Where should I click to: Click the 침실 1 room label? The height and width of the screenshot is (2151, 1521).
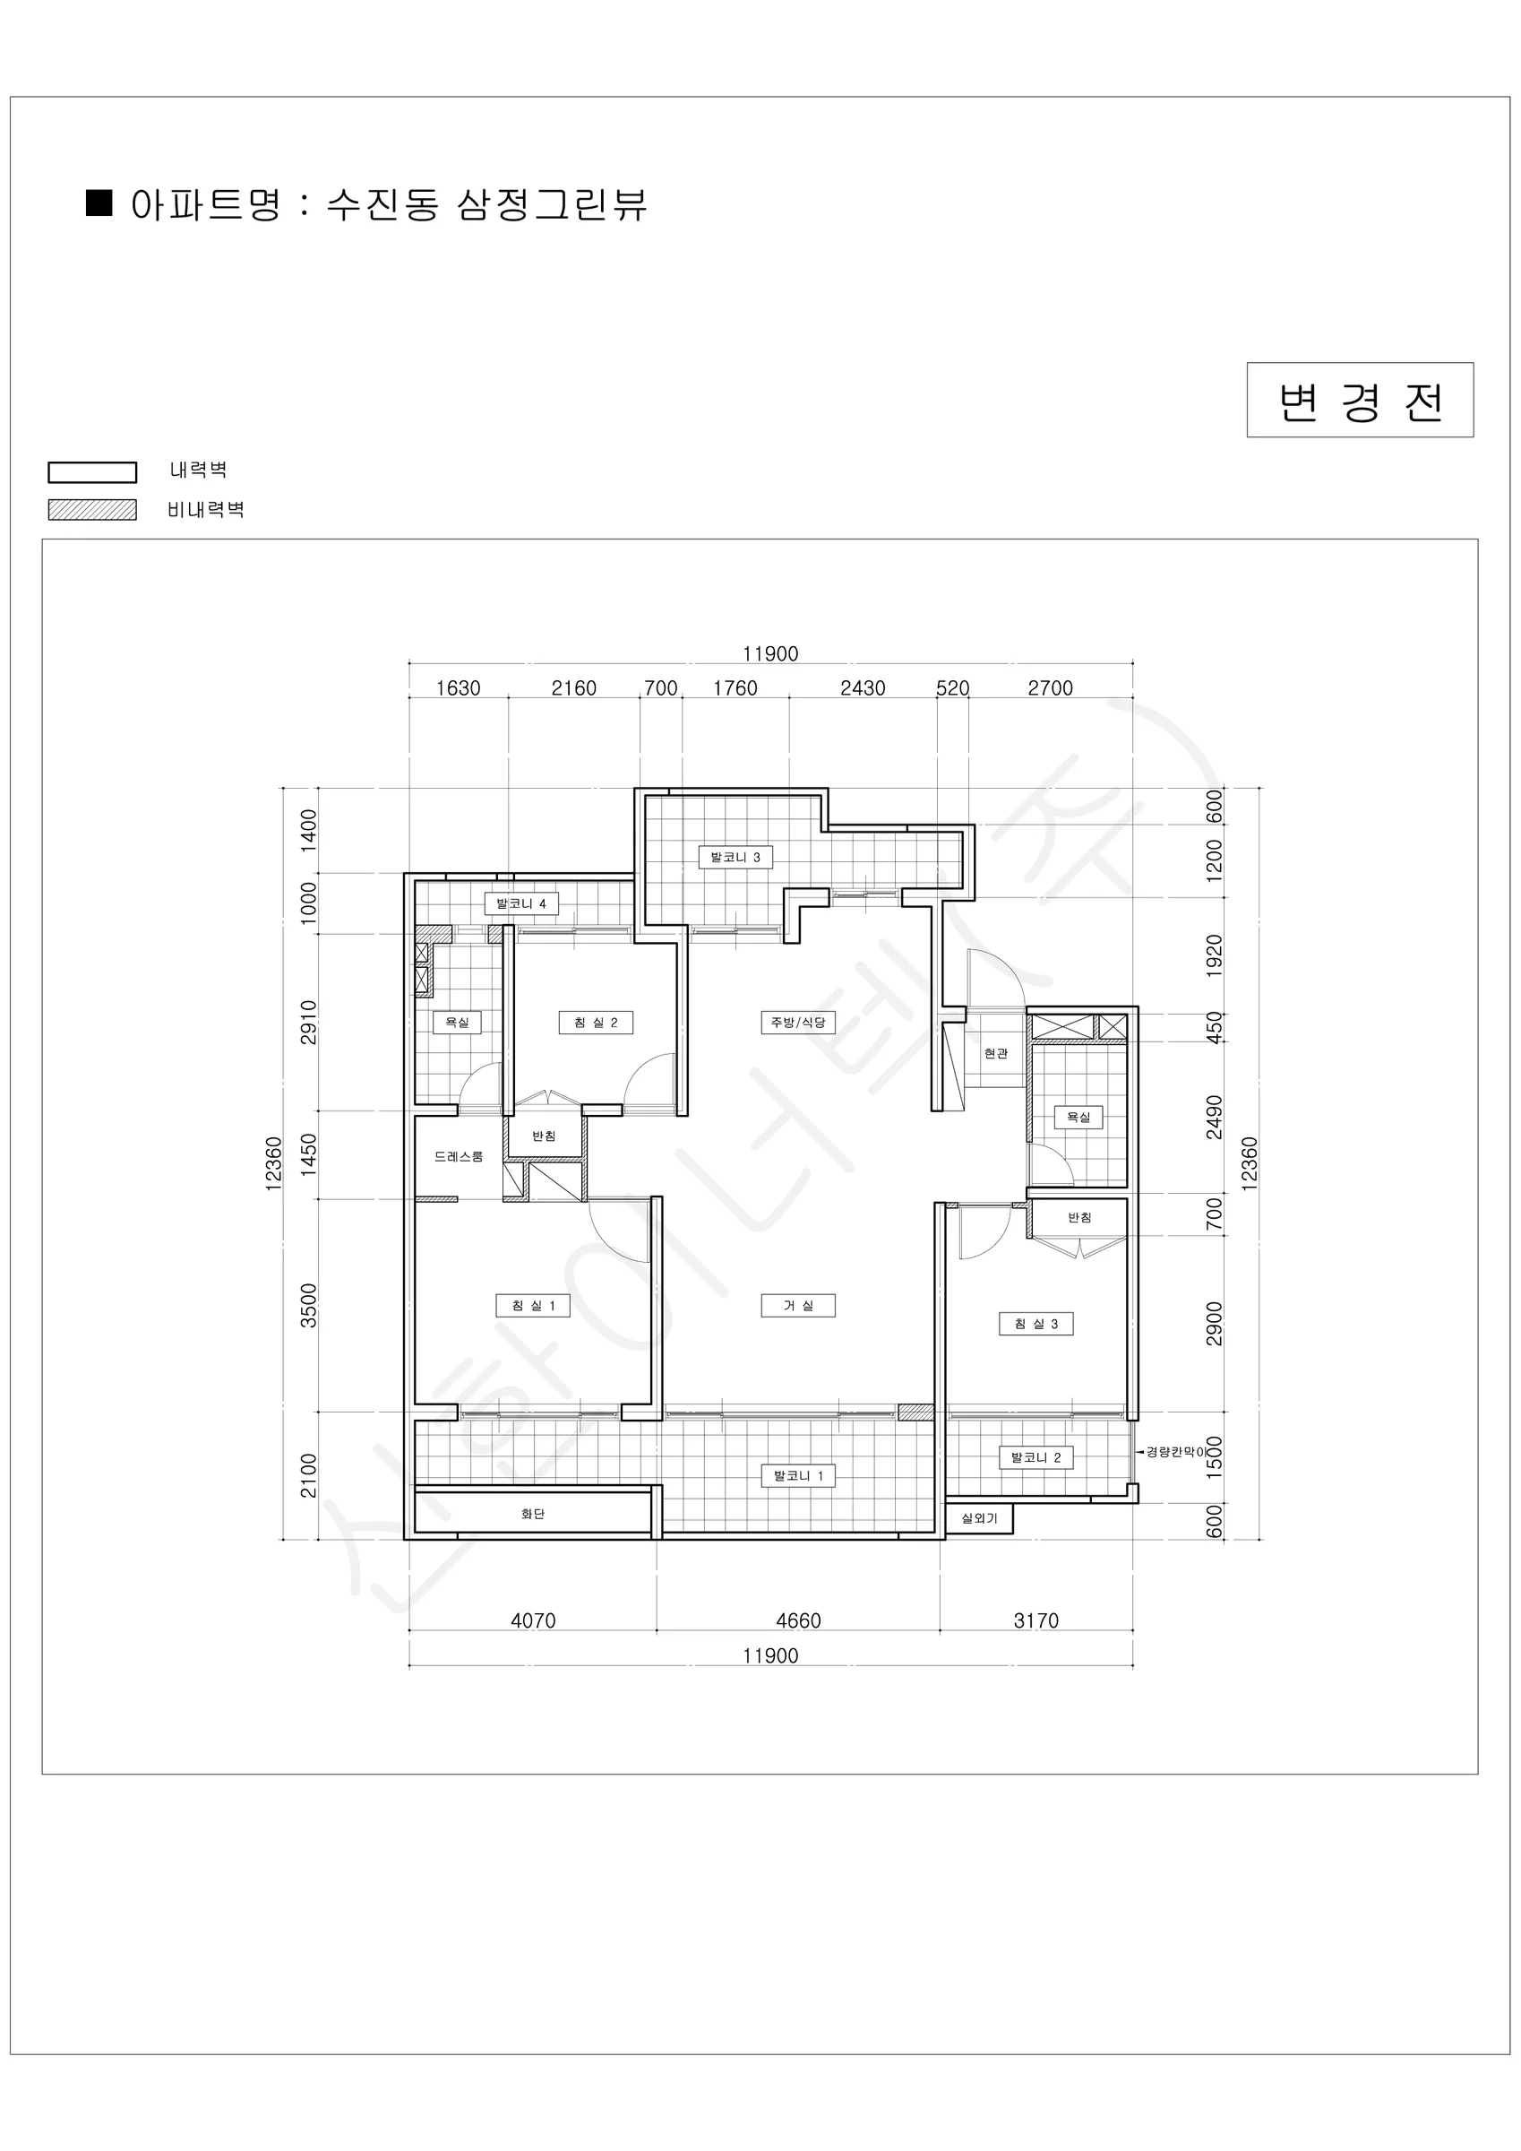tap(533, 1306)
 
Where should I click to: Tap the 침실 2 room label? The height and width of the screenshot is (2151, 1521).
tap(596, 1022)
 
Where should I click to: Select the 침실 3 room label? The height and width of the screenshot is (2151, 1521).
tap(1035, 1324)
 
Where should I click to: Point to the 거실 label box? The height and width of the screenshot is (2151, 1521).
tap(798, 1306)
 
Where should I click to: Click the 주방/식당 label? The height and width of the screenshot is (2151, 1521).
tap(798, 1022)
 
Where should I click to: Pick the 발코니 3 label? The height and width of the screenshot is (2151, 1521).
tap(735, 857)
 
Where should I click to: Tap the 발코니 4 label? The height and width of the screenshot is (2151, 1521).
tap(521, 904)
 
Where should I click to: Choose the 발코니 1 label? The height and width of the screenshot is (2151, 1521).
tap(798, 1476)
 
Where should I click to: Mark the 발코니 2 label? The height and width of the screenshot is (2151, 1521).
tap(1035, 1457)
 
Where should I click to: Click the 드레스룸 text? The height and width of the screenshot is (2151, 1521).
tap(459, 1157)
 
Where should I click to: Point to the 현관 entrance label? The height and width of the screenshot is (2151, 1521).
tap(996, 1054)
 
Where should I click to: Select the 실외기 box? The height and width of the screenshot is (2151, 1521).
tap(980, 1518)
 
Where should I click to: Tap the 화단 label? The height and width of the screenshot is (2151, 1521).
tap(533, 1514)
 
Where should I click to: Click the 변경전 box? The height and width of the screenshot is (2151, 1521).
tap(1360, 400)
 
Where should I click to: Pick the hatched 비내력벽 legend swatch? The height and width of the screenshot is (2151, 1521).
tap(93, 510)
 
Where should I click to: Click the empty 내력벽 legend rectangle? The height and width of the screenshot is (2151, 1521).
tap(93, 472)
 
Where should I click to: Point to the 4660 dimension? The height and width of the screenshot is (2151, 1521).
tap(798, 1620)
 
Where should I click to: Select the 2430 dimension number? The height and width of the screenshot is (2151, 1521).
tap(863, 688)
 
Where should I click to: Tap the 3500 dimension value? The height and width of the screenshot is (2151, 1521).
tap(309, 1306)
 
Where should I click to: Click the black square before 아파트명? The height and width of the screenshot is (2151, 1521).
tap(99, 203)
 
